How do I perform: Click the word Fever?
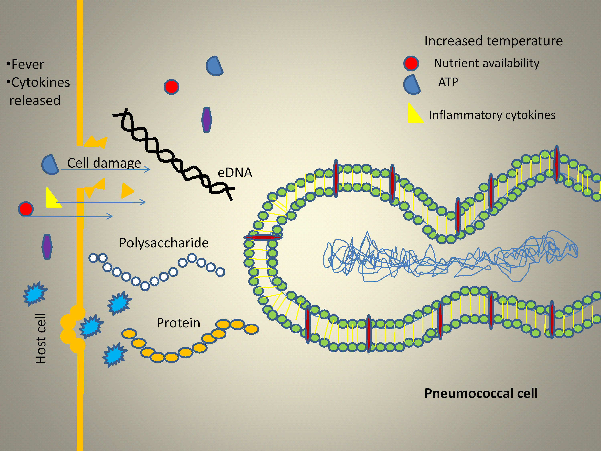pos(28,64)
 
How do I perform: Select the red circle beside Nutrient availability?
pos(411,64)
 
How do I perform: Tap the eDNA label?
pos(235,172)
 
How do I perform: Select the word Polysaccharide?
pos(164,243)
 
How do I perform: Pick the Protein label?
pos(178,323)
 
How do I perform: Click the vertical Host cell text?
pos(41,338)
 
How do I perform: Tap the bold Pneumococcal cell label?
pos(481,393)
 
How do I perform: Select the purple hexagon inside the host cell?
pos(47,247)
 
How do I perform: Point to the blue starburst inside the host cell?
pos(35,294)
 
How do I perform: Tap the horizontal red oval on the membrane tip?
pos(263,238)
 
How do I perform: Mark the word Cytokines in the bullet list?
pos(41,82)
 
